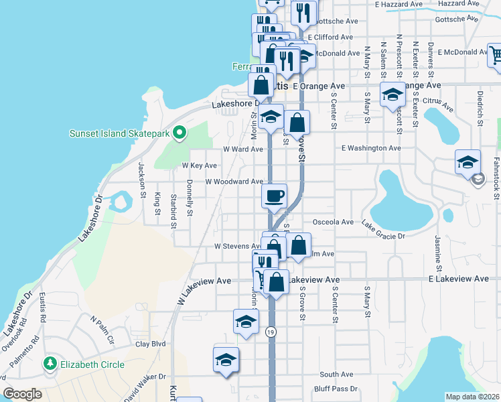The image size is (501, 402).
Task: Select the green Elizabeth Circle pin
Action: [x=49, y=364]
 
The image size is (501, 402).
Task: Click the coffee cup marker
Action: [x=274, y=197]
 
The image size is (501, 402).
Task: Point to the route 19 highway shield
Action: [x=270, y=332]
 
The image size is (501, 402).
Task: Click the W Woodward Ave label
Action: [x=234, y=182]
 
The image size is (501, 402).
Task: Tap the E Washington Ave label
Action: [x=370, y=148]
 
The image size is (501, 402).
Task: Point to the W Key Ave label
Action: [x=200, y=165]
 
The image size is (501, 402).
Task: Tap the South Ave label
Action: [x=336, y=375]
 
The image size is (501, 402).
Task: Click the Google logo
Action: [x=22, y=394]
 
